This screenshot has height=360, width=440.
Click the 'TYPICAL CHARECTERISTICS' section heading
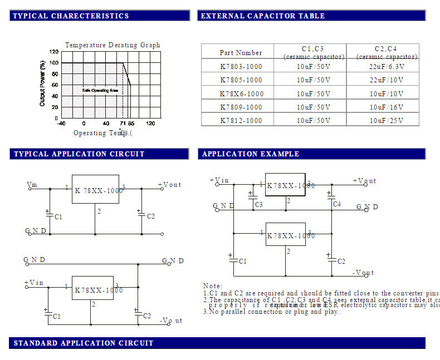(71, 16)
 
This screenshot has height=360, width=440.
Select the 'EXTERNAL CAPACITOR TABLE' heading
(262, 16)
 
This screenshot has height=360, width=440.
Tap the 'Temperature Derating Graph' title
(113, 45)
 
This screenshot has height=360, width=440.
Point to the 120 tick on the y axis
(53, 52)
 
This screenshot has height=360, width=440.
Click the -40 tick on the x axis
(61, 124)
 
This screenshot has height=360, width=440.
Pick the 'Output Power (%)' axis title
(42, 83)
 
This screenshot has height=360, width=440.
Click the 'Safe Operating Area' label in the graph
(100, 90)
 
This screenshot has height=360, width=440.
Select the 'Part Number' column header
(241, 53)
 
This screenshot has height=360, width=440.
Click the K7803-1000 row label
(241, 67)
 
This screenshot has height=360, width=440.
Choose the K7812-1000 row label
(241, 121)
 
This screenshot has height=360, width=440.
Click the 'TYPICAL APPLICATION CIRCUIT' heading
(79, 154)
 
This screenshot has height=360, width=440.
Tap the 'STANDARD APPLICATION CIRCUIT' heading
(84, 343)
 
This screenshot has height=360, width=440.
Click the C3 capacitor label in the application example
(258, 205)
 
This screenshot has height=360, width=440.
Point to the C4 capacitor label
(336, 204)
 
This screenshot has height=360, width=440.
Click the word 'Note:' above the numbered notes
(213, 286)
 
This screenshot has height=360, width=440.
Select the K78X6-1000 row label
(241, 94)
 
